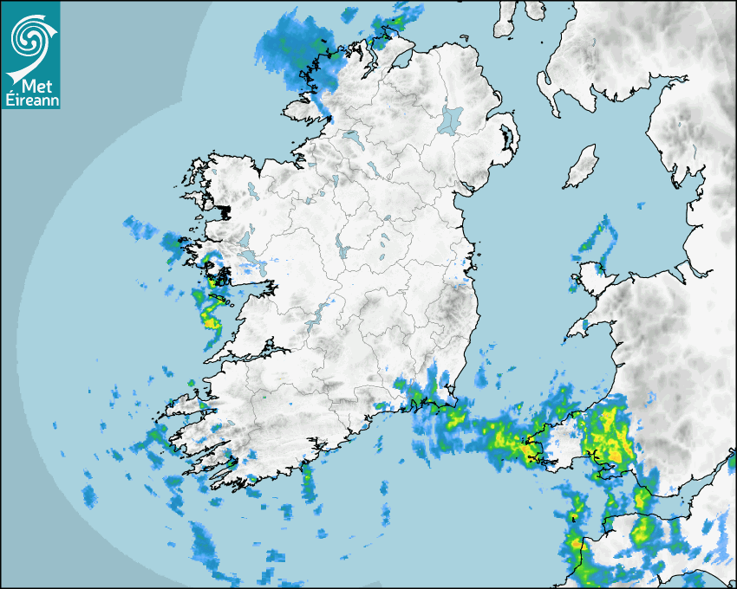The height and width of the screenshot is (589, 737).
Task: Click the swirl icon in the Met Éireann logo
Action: point(29,36)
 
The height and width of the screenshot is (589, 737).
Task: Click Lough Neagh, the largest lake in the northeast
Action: point(452,119)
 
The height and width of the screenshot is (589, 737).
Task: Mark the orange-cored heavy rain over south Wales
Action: point(607,437)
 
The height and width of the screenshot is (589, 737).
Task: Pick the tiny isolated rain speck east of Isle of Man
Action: point(641,205)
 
